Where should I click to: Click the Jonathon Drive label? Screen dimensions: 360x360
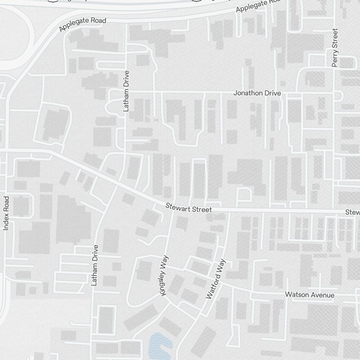(x=257, y=93)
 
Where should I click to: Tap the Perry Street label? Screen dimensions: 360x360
(x=335, y=48)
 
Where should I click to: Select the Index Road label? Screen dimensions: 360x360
(x=6, y=213)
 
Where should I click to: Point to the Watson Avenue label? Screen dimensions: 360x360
(x=310, y=295)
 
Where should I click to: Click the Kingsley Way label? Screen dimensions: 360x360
(x=164, y=276)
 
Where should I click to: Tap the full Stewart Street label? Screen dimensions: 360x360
(x=189, y=208)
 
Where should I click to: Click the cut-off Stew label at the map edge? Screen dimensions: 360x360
(x=352, y=212)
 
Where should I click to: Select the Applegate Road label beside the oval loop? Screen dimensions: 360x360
(x=83, y=24)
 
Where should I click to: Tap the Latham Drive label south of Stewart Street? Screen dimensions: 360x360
(x=95, y=265)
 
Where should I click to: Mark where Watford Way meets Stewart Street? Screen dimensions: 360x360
(x=229, y=210)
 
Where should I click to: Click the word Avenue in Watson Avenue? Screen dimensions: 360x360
(x=322, y=295)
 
